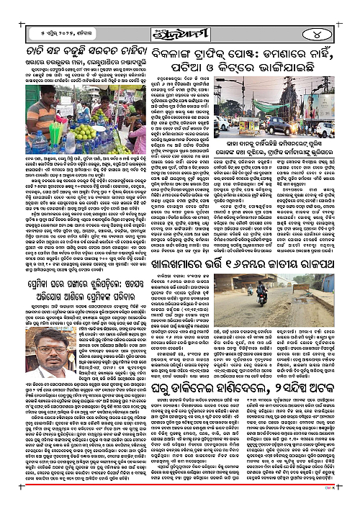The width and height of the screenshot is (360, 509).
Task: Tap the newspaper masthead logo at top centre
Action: click(179, 13)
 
